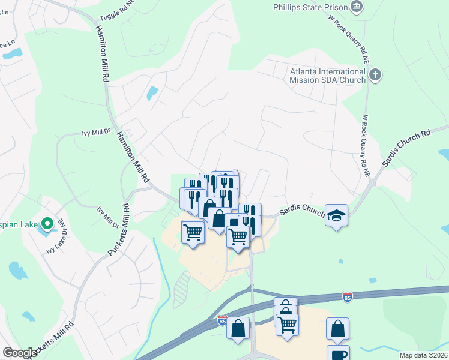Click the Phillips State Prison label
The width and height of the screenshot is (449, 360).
point(310,7)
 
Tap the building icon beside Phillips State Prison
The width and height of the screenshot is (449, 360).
point(357,7)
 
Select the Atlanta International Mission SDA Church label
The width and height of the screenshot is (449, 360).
point(328,75)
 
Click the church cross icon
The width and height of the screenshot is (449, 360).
point(376,75)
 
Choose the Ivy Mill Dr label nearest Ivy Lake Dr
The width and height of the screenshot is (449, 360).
point(107,217)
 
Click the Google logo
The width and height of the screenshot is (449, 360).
point(20,353)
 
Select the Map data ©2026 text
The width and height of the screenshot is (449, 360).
point(424,355)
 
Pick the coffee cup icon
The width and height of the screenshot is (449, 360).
point(338,353)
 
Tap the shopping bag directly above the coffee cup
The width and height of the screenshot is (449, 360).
point(338,329)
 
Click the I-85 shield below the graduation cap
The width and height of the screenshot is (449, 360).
point(347,296)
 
